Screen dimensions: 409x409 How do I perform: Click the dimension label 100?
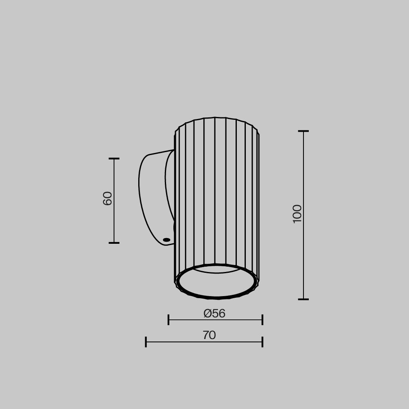point(297,213)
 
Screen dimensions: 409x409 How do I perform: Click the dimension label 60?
point(108,198)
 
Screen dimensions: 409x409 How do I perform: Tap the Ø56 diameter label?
point(214,314)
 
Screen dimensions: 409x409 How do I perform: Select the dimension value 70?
point(209,335)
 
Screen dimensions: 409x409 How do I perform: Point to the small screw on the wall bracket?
point(166,240)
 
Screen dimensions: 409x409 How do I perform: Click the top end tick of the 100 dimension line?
point(303,131)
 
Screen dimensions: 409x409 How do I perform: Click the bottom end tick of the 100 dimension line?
point(303,299)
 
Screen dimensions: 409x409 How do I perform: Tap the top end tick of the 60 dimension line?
point(114,159)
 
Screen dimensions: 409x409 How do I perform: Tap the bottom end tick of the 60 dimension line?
point(114,243)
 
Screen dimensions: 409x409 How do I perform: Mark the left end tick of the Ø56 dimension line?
point(169,320)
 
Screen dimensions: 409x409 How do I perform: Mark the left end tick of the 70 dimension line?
point(146,342)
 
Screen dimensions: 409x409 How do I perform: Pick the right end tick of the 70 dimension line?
point(262,342)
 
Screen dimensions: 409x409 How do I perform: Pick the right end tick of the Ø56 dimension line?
point(262,320)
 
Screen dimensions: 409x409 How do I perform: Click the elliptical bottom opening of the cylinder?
point(217,282)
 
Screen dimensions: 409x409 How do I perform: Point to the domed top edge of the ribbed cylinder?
point(216,119)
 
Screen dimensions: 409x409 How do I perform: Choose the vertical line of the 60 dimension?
point(114,221)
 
